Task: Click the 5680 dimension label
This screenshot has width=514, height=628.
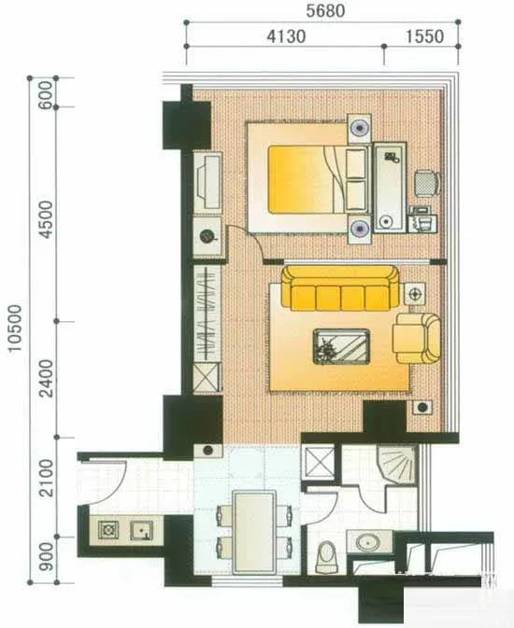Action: [x=325, y=11]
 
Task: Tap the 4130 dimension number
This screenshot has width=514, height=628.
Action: [x=286, y=36]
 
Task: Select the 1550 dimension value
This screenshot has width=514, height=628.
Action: [x=424, y=36]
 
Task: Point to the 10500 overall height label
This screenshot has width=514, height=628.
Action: [x=15, y=328]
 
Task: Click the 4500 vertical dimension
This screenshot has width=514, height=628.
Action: [x=47, y=219]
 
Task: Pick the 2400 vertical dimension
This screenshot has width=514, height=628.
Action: [x=47, y=378]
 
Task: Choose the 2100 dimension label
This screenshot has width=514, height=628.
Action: [x=47, y=478]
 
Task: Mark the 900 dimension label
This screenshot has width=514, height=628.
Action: [x=47, y=557]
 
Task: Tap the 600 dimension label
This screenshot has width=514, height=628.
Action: [x=47, y=95]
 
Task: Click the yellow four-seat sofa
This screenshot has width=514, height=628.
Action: [x=341, y=288]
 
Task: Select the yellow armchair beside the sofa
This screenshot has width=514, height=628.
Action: [x=417, y=339]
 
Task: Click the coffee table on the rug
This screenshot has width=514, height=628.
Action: [x=341, y=346]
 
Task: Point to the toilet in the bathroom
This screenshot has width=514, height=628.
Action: [x=326, y=557]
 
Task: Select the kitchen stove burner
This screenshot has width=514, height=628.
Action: [x=108, y=531]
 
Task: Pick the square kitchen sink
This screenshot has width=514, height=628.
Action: [x=141, y=531]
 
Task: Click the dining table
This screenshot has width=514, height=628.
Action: [x=254, y=532]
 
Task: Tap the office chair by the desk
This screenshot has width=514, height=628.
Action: [x=427, y=183]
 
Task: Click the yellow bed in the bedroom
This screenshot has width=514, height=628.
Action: [x=307, y=178]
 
